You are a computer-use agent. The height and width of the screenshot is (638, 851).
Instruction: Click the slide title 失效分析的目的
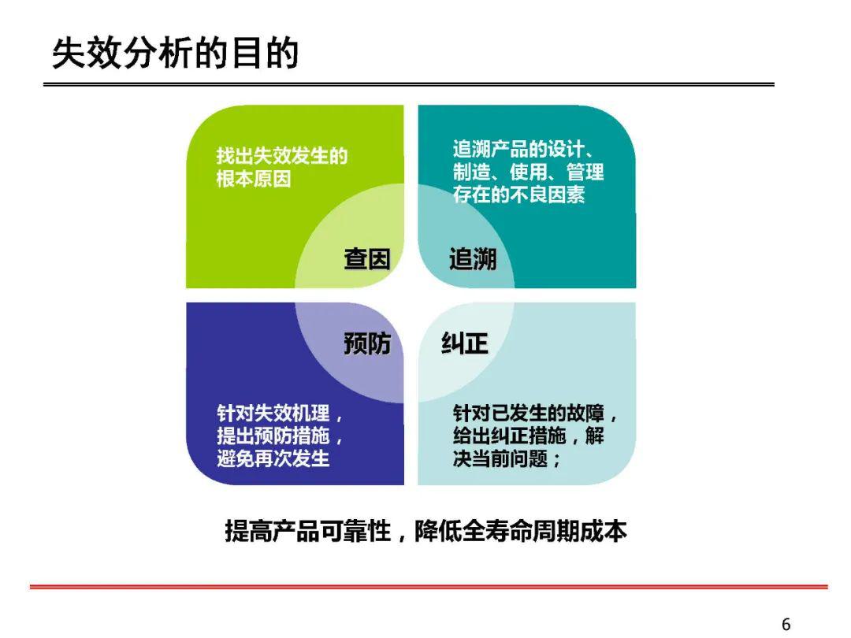click(175, 54)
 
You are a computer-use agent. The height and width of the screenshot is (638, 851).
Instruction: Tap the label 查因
click(367, 259)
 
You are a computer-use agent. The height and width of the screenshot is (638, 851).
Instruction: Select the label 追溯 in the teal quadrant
click(473, 259)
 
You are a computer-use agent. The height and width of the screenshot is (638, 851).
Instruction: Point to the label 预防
click(367, 343)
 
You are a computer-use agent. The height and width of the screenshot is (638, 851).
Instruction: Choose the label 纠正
click(465, 343)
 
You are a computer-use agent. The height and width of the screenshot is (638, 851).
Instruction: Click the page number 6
click(786, 624)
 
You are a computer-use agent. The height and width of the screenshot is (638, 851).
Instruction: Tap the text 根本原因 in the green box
click(254, 179)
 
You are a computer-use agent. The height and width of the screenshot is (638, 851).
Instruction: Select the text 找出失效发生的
click(282, 156)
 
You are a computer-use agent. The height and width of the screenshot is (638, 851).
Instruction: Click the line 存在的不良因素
click(518, 195)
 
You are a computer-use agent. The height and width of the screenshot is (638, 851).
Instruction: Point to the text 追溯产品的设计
click(518, 149)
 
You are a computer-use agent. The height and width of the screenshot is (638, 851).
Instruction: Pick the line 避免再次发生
click(273, 458)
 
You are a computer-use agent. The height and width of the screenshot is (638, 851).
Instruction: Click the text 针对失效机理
click(273, 413)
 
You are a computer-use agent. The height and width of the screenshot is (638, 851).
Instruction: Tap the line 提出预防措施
click(273, 436)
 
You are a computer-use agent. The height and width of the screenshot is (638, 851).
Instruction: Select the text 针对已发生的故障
click(528, 413)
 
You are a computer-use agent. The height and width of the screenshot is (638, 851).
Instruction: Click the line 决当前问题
click(500, 458)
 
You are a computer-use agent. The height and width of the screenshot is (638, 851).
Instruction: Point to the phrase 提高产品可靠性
click(308, 531)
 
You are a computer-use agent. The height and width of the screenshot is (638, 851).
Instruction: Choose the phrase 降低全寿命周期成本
click(521, 531)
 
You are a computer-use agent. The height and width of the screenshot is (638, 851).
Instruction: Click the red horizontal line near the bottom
click(429, 587)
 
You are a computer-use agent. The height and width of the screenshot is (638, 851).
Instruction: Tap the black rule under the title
click(409, 84)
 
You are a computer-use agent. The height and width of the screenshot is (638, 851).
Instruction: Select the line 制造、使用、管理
click(528, 172)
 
